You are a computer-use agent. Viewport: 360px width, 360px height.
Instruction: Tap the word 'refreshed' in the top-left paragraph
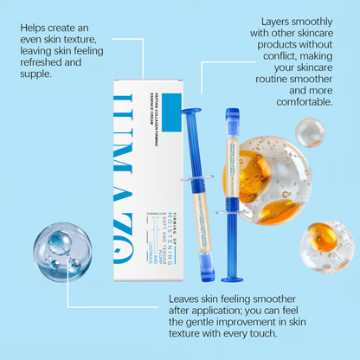(42, 62)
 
